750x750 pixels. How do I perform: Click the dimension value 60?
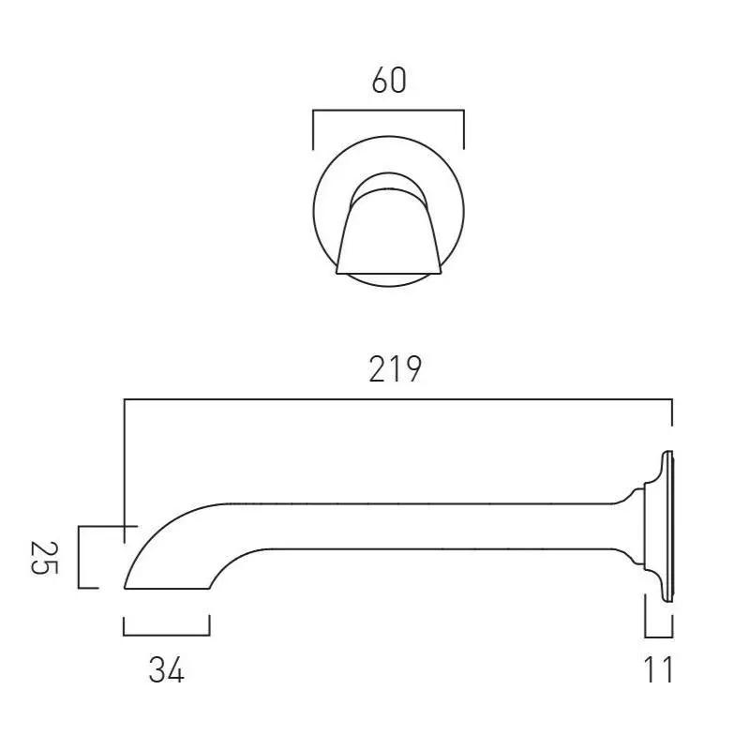[389, 81]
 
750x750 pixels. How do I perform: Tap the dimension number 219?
[395, 368]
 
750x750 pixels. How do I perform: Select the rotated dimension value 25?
[44, 558]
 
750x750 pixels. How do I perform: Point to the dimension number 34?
[166, 670]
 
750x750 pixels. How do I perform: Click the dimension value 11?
[659, 669]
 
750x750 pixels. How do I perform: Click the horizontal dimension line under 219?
[397, 399]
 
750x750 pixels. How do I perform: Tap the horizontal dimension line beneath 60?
[388, 111]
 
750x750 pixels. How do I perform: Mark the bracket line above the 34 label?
[167, 636]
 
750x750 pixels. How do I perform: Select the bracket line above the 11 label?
[659, 637]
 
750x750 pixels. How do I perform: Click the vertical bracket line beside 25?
[79, 557]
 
